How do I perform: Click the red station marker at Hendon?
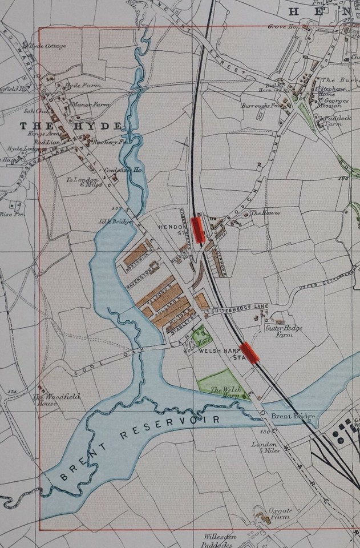point(199,228)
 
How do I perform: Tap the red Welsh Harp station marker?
point(250,352)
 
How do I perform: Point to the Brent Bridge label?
point(293,417)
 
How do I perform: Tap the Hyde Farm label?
point(78,85)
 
